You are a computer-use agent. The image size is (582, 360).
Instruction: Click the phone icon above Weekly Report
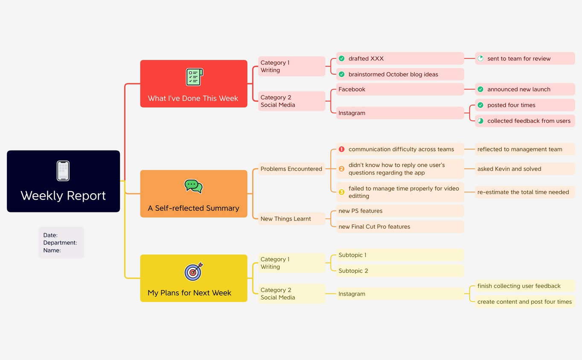[63, 171]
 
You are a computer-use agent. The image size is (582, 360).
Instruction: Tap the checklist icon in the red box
[194, 77]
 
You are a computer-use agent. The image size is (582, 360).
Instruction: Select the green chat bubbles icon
[193, 186]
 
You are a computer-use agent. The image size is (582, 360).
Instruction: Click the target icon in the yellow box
[193, 271]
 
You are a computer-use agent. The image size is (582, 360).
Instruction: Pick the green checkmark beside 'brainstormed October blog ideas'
[342, 74]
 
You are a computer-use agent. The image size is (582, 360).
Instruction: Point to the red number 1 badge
[341, 149]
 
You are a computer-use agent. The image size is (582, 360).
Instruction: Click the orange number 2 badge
[341, 169]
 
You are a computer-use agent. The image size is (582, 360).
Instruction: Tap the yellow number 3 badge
[341, 192]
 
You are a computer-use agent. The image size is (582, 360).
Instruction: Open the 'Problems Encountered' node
[291, 169]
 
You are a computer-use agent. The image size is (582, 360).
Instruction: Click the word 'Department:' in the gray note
[60, 243]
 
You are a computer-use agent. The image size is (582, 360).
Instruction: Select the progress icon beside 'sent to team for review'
[480, 58]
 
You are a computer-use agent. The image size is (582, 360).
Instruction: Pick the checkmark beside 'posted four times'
[480, 105]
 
